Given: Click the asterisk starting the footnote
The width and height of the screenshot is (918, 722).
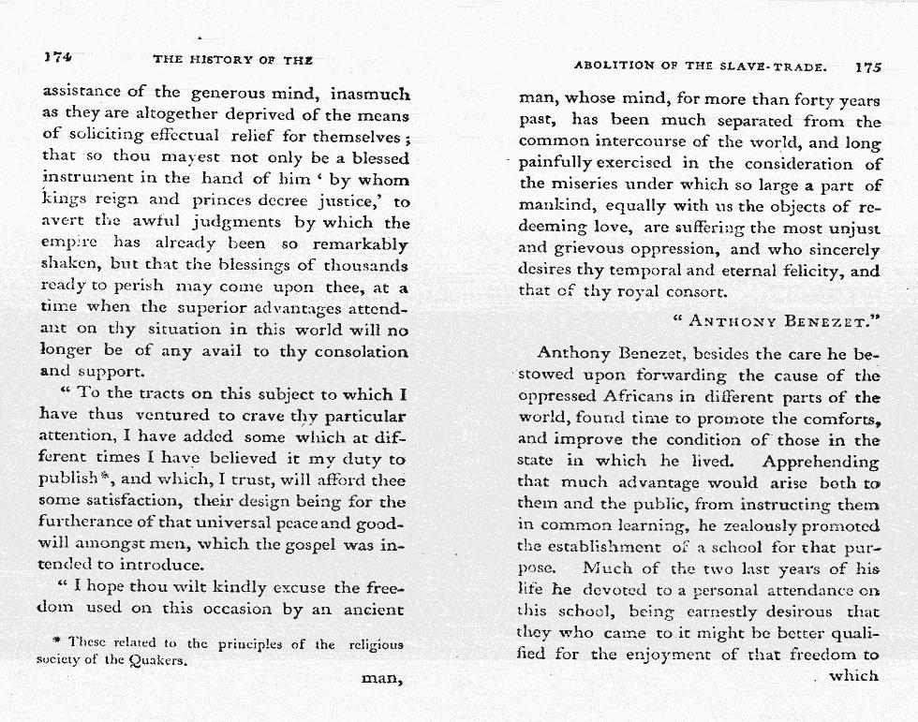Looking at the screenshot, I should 58,644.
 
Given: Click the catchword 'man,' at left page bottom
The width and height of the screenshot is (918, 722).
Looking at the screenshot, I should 382,680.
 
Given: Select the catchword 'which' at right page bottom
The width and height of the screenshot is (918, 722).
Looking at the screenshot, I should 853,675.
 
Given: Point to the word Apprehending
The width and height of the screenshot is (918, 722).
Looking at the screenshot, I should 821,462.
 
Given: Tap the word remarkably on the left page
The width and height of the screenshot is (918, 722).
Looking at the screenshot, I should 360,244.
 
